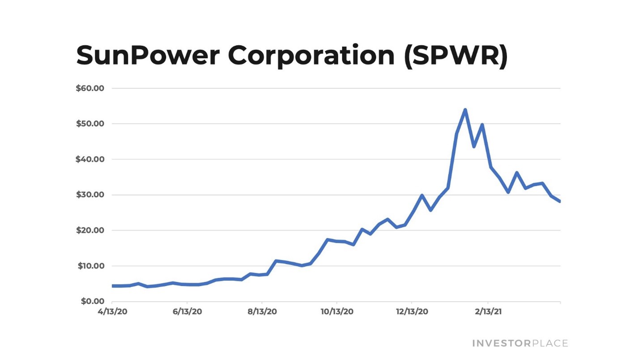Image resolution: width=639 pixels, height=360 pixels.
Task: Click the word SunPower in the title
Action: point(147,56)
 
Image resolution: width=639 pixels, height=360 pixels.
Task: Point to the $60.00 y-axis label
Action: point(90,88)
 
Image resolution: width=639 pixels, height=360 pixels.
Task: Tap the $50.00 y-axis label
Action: point(90,124)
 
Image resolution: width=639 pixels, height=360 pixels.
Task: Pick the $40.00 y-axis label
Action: point(90,159)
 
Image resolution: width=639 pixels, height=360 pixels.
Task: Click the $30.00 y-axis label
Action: point(90,195)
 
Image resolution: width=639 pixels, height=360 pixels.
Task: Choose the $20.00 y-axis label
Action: point(90,231)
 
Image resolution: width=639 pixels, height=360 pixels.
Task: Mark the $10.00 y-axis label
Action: point(90,266)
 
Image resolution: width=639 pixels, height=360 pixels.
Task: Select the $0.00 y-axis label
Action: point(92,301)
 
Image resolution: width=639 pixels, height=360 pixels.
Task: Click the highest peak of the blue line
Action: point(465,110)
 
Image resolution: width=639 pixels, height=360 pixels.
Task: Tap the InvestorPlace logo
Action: point(520,343)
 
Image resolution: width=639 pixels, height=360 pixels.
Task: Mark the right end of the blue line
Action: point(559,201)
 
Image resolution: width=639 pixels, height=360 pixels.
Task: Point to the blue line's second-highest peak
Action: point(482,125)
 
